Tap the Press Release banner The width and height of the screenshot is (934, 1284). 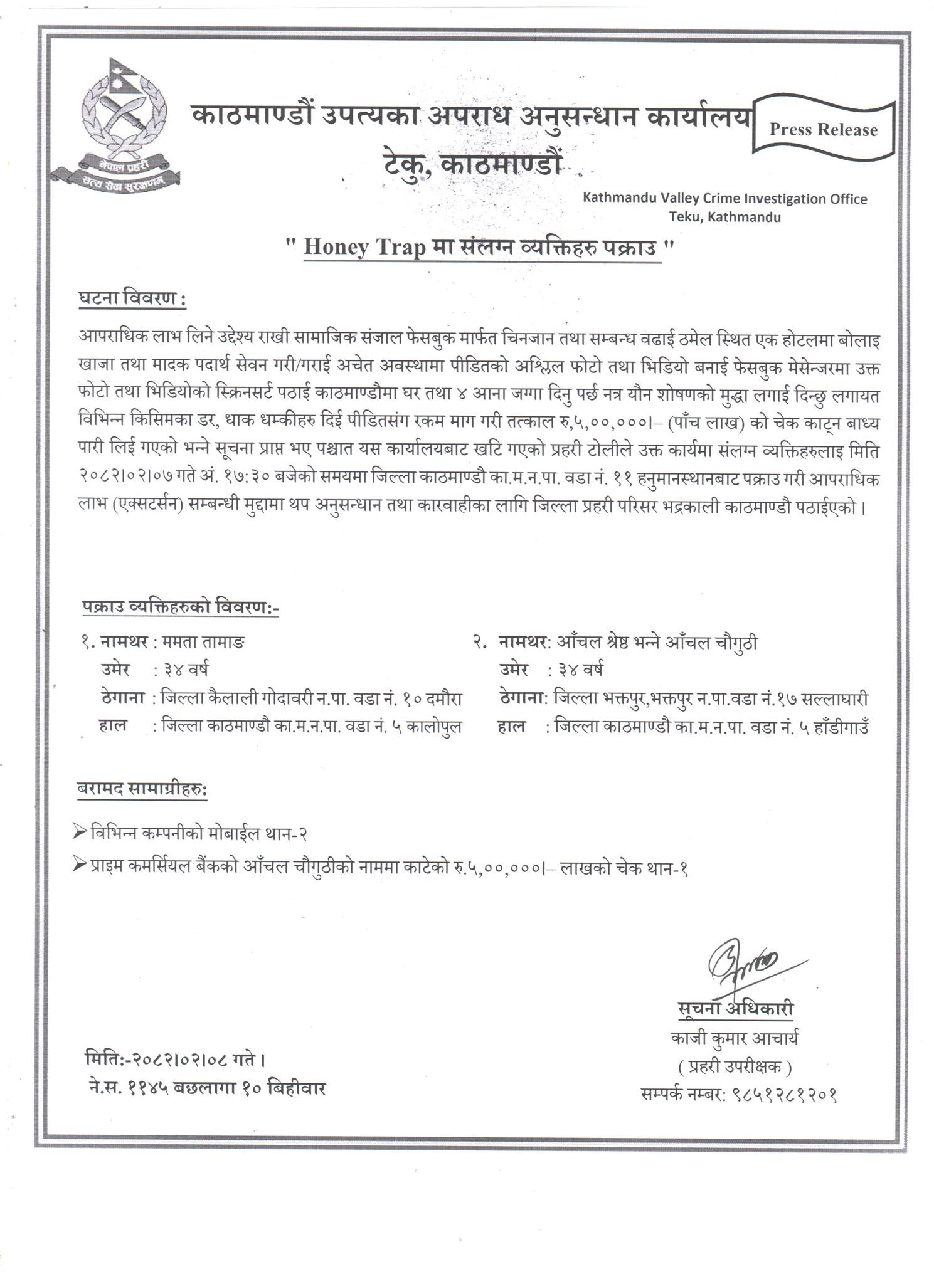click(x=823, y=130)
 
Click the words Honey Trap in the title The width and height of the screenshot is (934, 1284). click(x=364, y=247)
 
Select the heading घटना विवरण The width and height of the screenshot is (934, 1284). click(x=132, y=299)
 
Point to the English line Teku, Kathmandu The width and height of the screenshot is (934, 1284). click(x=724, y=218)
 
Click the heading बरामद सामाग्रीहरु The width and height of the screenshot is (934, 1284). click(x=142, y=790)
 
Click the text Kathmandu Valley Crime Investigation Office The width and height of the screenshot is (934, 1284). click(x=724, y=199)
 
